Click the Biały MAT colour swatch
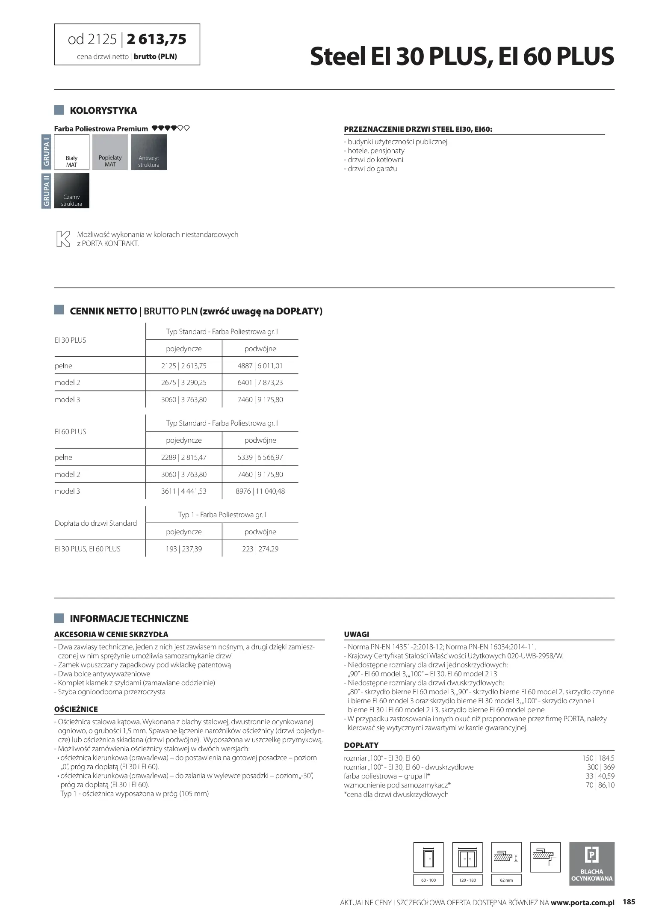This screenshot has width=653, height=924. tap(71, 152)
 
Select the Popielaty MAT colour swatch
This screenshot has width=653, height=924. tap(110, 152)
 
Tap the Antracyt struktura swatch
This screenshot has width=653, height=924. tap(149, 152)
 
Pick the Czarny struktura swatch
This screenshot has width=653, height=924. tap(71, 190)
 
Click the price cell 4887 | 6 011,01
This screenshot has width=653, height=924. tap(260, 366)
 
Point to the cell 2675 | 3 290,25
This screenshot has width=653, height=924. tap(184, 382)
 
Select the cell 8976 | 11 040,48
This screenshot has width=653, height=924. tap(260, 491)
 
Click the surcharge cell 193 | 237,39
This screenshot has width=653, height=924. tap(184, 549)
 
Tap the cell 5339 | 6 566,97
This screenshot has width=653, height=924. tap(260, 457)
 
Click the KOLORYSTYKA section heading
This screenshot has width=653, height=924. tap(103, 110)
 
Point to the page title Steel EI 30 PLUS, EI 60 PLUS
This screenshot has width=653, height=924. tap(462, 56)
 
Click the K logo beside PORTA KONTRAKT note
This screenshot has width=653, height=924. tap(63, 239)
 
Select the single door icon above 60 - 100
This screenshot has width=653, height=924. tap(428, 857)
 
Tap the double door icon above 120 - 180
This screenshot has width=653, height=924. tap(467, 857)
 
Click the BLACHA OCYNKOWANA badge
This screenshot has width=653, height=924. tap(591, 863)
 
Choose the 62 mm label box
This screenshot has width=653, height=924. tap(506, 880)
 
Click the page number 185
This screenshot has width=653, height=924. tap(629, 902)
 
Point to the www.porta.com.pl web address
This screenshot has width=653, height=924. tap(582, 903)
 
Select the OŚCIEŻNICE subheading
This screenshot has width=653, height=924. tap(76, 709)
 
